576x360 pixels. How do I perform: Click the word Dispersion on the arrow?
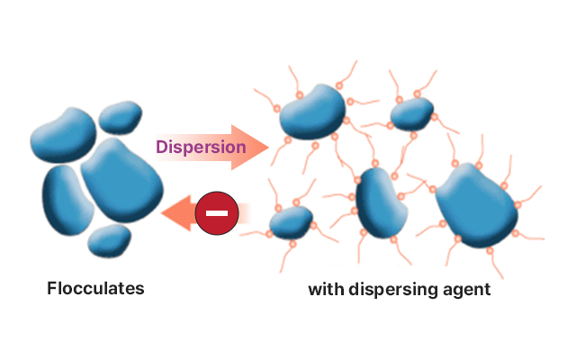coord(201,147)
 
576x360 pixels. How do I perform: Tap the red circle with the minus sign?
coord(216,212)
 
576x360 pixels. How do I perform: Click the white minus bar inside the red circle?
coord(216,212)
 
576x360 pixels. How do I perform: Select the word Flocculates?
coord(95,289)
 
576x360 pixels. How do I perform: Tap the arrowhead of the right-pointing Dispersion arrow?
coord(258,147)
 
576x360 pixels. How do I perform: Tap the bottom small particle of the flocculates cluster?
coord(108,240)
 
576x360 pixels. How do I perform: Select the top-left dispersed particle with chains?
coord(312,111)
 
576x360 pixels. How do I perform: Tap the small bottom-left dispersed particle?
coord(291,221)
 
